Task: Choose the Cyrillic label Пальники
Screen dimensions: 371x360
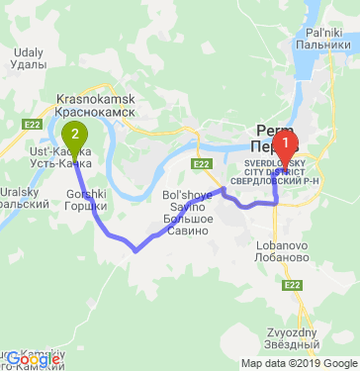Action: tap(322, 45)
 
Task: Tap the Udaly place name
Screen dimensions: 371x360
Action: tap(31, 51)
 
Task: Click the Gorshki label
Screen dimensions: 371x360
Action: tap(86, 194)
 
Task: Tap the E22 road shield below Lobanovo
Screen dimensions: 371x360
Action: tap(292, 285)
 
